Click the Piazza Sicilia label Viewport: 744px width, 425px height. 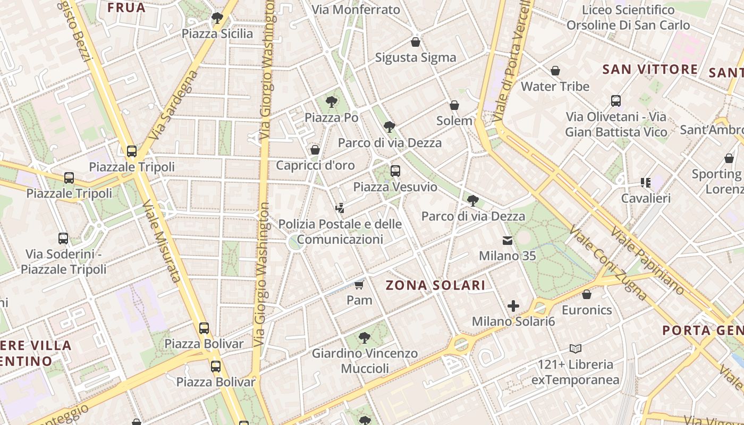[x=217, y=33]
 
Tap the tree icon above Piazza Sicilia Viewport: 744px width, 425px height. [x=217, y=18]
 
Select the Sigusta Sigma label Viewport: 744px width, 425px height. [x=416, y=57]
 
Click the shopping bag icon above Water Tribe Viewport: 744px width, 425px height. [x=555, y=71]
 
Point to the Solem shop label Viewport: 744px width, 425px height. [x=454, y=121]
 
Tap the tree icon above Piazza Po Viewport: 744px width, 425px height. [x=332, y=101]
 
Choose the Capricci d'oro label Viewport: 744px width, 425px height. [x=315, y=165]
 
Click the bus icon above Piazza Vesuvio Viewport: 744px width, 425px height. [x=395, y=171]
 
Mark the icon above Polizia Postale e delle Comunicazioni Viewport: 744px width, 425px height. [x=340, y=208]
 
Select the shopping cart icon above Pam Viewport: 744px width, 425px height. [x=359, y=286]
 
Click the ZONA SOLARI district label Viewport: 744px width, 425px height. [x=435, y=285]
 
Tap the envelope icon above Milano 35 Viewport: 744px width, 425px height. [x=508, y=241]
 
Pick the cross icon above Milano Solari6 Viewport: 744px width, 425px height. [x=513, y=306]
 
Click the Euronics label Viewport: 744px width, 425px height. [x=587, y=310]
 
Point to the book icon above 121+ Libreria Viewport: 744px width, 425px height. [x=576, y=349]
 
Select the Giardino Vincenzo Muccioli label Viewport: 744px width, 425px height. [x=365, y=361]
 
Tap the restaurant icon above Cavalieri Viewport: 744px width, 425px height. [x=646, y=183]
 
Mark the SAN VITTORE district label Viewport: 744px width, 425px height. [x=650, y=69]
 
